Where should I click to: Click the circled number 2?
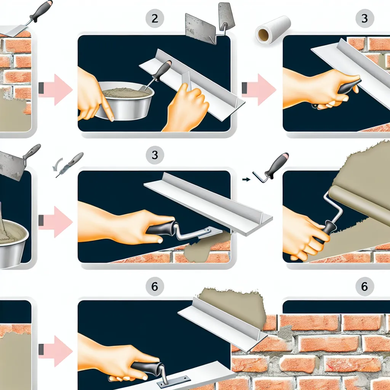point(155,18)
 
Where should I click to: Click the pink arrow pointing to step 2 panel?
point(56,90)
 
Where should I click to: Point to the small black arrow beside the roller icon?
point(246,179)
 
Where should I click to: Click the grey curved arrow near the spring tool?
point(57,165)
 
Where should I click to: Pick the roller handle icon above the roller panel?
point(271,168)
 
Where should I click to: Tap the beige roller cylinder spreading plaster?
point(358,202)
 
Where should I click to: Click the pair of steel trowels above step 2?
point(210,24)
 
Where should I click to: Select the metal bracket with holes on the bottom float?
point(174,381)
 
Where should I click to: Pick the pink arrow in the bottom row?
point(56,351)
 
